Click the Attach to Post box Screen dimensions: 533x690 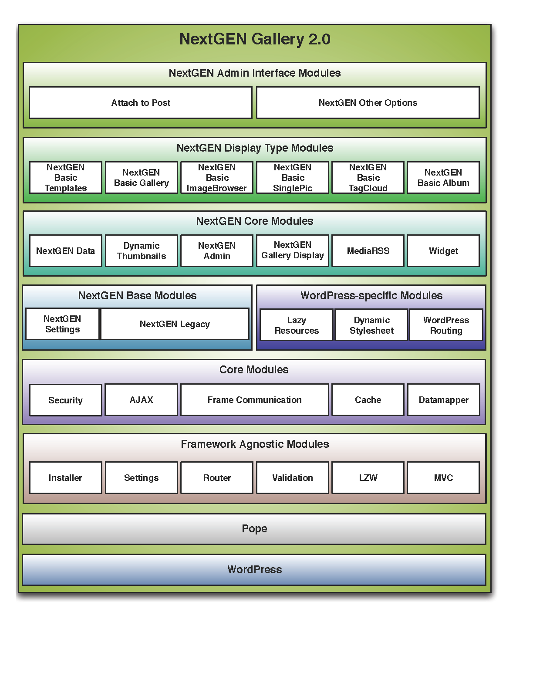[x=141, y=102]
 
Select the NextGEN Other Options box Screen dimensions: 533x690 [x=368, y=102]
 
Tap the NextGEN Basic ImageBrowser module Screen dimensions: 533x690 [x=217, y=177]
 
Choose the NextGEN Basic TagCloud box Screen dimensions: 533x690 [x=368, y=177]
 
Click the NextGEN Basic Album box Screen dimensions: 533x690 [x=443, y=177]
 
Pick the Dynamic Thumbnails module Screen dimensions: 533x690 [x=141, y=250]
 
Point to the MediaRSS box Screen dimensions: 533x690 [x=368, y=250]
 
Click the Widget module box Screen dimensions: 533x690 [x=443, y=250]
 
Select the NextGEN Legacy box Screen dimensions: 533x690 [x=175, y=324]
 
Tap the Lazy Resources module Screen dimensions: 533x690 [x=297, y=325]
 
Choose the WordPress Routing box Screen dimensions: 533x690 [x=446, y=325]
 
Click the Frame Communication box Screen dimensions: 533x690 [x=255, y=400]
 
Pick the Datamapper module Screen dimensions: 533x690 [x=443, y=400]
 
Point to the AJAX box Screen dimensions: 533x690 [x=141, y=400]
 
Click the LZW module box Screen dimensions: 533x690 [x=368, y=477]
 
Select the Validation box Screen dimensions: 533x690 [x=292, y=477]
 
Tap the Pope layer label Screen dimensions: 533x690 [x=254, y=528]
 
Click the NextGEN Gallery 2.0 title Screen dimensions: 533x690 [x=255, y=39]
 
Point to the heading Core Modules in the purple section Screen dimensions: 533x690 [x=254, y=369]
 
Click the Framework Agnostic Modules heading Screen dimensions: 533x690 [x=255, y=444]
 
